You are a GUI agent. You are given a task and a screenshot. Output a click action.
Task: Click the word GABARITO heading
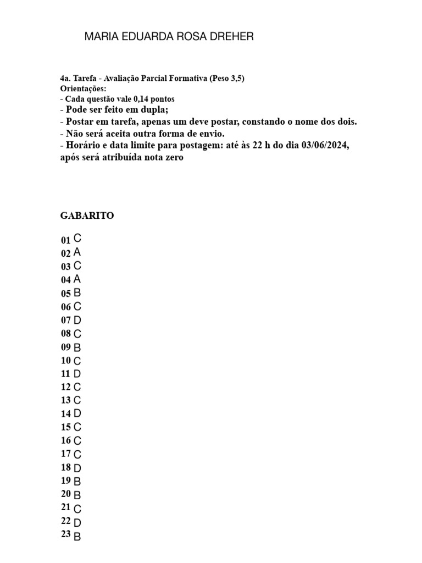87,216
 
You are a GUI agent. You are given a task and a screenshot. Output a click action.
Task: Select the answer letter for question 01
77,239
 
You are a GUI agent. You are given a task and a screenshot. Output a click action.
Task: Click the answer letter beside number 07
77,319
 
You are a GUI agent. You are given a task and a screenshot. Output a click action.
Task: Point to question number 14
66,414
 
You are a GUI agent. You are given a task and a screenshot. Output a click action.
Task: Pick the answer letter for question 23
77,536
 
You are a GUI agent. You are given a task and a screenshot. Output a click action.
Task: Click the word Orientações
83,89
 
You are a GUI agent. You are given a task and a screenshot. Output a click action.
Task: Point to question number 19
66,481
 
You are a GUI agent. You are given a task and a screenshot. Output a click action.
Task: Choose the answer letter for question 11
77,374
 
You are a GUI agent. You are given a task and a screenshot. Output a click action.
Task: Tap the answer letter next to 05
77,292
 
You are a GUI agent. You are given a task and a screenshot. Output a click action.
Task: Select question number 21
66,507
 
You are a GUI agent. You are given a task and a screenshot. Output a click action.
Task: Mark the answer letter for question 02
77,252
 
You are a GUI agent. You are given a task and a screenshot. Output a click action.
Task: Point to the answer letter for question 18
77,468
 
